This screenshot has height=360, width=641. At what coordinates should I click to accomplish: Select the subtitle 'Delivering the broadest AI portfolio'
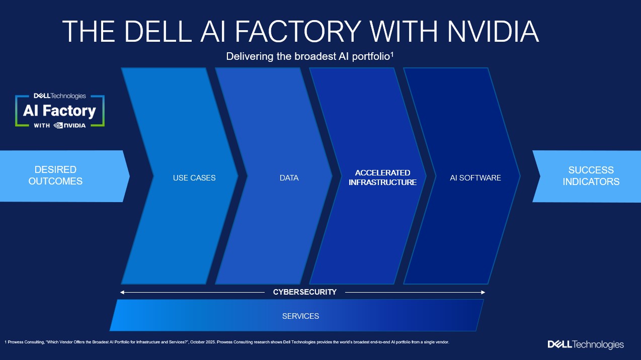pos(308,56)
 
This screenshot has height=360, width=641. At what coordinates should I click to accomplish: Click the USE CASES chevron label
pos(194,177)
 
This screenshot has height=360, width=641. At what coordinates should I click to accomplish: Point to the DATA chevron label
pos(289,177)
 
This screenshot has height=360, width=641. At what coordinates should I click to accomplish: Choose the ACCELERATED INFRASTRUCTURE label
pos(383,177)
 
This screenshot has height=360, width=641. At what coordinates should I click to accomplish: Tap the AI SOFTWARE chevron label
pos(475,177)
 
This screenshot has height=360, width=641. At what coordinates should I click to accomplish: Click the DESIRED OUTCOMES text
pos(55,175)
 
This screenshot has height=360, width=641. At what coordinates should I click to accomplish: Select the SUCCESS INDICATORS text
pos(591,175)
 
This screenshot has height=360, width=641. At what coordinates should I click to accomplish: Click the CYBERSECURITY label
pos(305,292)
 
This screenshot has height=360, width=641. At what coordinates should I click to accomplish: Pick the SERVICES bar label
pos(300,316)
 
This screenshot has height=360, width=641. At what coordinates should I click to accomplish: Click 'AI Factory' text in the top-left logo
pos(59,110)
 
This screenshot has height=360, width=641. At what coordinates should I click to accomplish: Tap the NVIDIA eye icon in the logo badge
pos(58,125)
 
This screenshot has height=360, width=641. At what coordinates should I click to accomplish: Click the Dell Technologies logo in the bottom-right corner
pos(586,345)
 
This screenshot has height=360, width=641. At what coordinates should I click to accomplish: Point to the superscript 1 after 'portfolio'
pos(391,54)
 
